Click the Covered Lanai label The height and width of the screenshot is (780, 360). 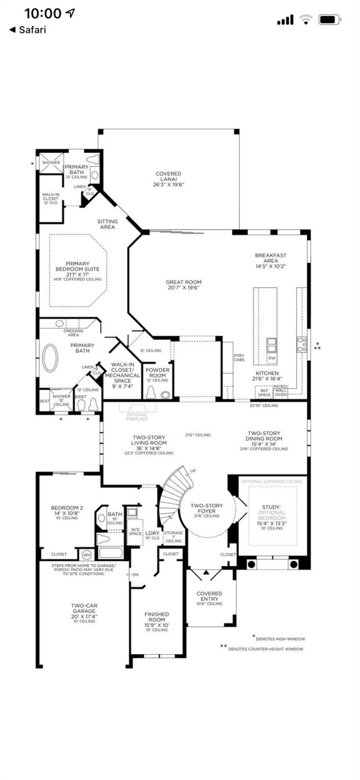pos(169,179)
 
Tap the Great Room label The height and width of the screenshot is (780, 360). pos(183,285)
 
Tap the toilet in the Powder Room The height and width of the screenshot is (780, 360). pos(151,393)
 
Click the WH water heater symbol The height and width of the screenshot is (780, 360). pos(86,554)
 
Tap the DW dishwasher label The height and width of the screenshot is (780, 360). pos(272,357)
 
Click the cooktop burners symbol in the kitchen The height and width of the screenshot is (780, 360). pos(302,344)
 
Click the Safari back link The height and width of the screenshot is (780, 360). pos(28,30)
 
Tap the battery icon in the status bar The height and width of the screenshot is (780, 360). pos(330,20)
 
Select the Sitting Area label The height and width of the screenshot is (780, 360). pos(108,224)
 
